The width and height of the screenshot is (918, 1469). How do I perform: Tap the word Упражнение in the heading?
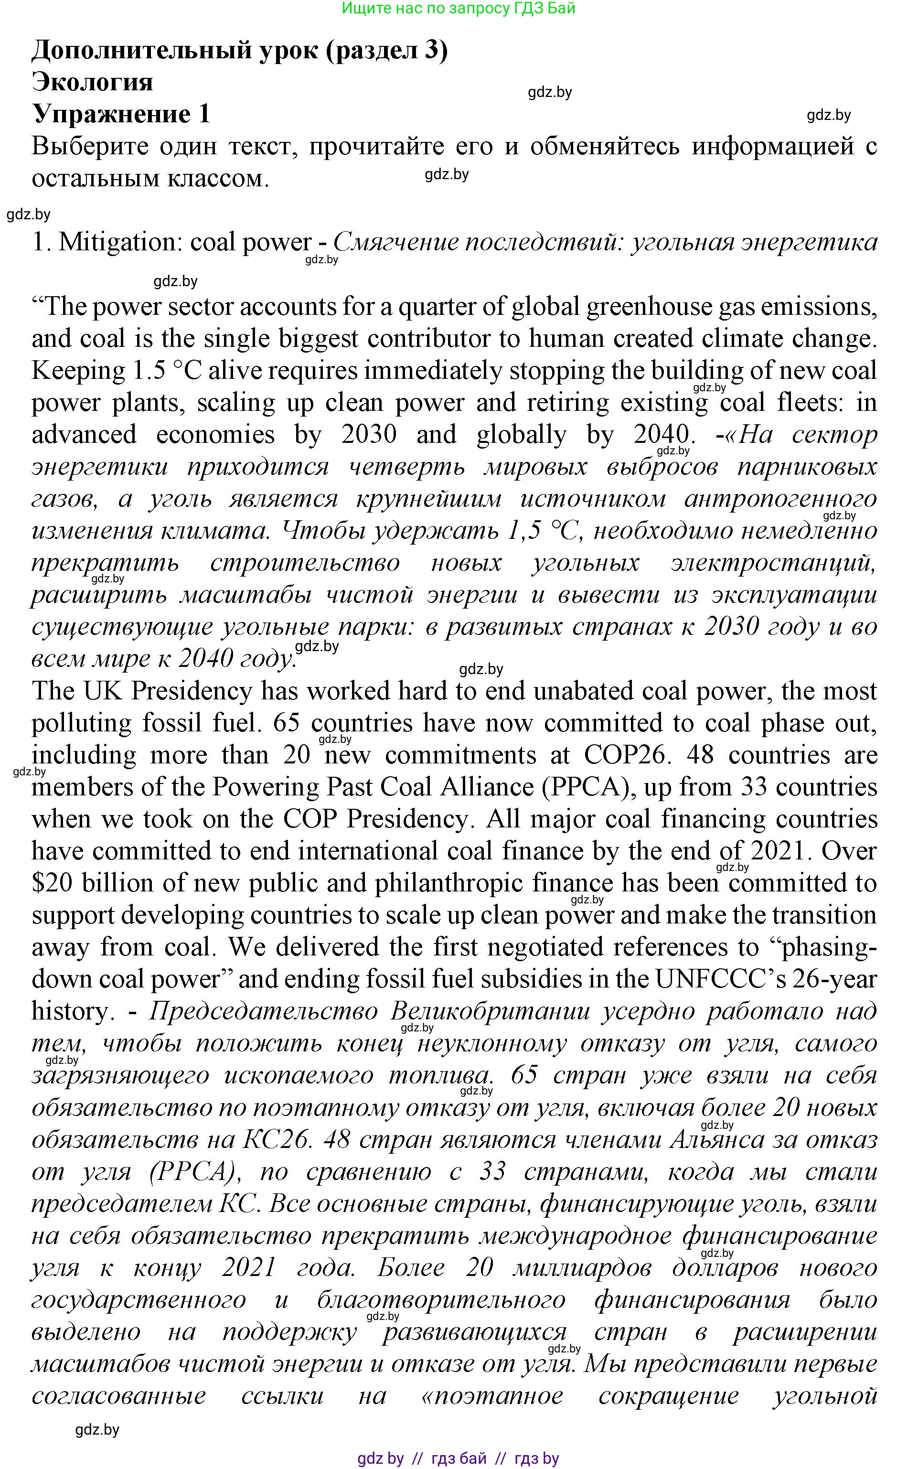[x=110, y=114]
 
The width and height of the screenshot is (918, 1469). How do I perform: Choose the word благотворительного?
[x=441, y=1300]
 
